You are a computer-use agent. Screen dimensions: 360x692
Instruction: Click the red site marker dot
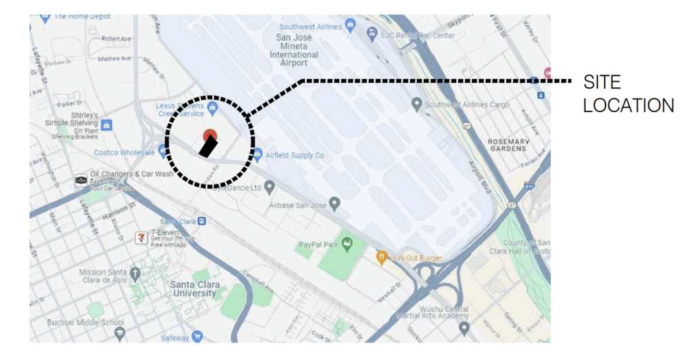tap(209, 135)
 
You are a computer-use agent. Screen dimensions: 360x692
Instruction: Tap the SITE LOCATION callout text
tap(628, 95)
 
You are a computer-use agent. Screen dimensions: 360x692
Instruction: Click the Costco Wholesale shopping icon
tap(163, 153)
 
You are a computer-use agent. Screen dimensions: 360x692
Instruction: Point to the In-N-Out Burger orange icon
tap(382, 257)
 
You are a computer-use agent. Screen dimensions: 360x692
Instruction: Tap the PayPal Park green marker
tap(349, 243)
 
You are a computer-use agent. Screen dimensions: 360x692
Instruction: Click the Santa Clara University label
tap(194, 288)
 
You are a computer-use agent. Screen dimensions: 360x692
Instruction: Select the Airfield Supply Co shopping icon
tap(257, 155)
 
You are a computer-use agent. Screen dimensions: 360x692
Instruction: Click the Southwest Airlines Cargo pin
tap(417, 104)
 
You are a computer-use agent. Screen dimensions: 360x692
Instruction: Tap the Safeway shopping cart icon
tap(197, 336)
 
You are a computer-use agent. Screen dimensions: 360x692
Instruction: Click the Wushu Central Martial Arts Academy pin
tap(464, 328)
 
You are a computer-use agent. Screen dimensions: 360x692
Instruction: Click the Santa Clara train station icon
tap(202, 221)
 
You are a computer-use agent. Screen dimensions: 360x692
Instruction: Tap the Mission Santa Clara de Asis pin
tap(135, 274)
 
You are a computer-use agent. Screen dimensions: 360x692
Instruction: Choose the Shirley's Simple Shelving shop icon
tap(107, 124)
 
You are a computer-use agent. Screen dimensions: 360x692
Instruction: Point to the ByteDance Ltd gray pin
tap(270, 186)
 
